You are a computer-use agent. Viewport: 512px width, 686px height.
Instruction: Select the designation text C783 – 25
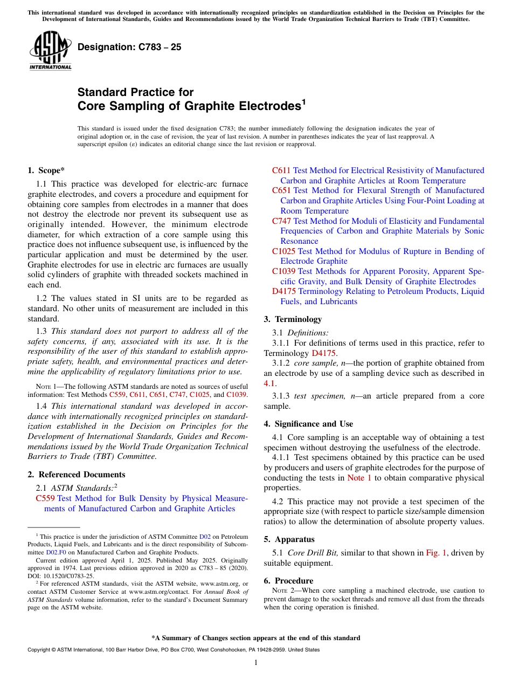[129, 47]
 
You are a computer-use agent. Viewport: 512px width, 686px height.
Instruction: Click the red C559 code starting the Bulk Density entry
[45, 498]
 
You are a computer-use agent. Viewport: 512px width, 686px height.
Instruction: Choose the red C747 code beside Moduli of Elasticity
[282, 221]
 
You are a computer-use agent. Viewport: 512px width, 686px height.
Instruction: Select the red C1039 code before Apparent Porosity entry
[284, 271]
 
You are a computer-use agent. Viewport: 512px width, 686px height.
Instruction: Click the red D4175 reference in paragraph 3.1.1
[323, 353]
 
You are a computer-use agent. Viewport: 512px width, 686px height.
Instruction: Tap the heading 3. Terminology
[293, 319]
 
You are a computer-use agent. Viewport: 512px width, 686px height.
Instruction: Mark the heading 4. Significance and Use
[308, 424]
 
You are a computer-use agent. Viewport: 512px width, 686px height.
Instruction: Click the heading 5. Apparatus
[289, 539]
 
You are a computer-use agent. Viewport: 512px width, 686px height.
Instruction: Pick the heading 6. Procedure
[288, 581]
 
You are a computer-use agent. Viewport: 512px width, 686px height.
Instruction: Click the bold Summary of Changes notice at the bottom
[255, 638]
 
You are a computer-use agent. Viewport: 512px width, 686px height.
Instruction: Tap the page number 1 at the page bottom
[256, 663]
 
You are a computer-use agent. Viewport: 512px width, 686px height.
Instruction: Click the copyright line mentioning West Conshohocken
[173, 650]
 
